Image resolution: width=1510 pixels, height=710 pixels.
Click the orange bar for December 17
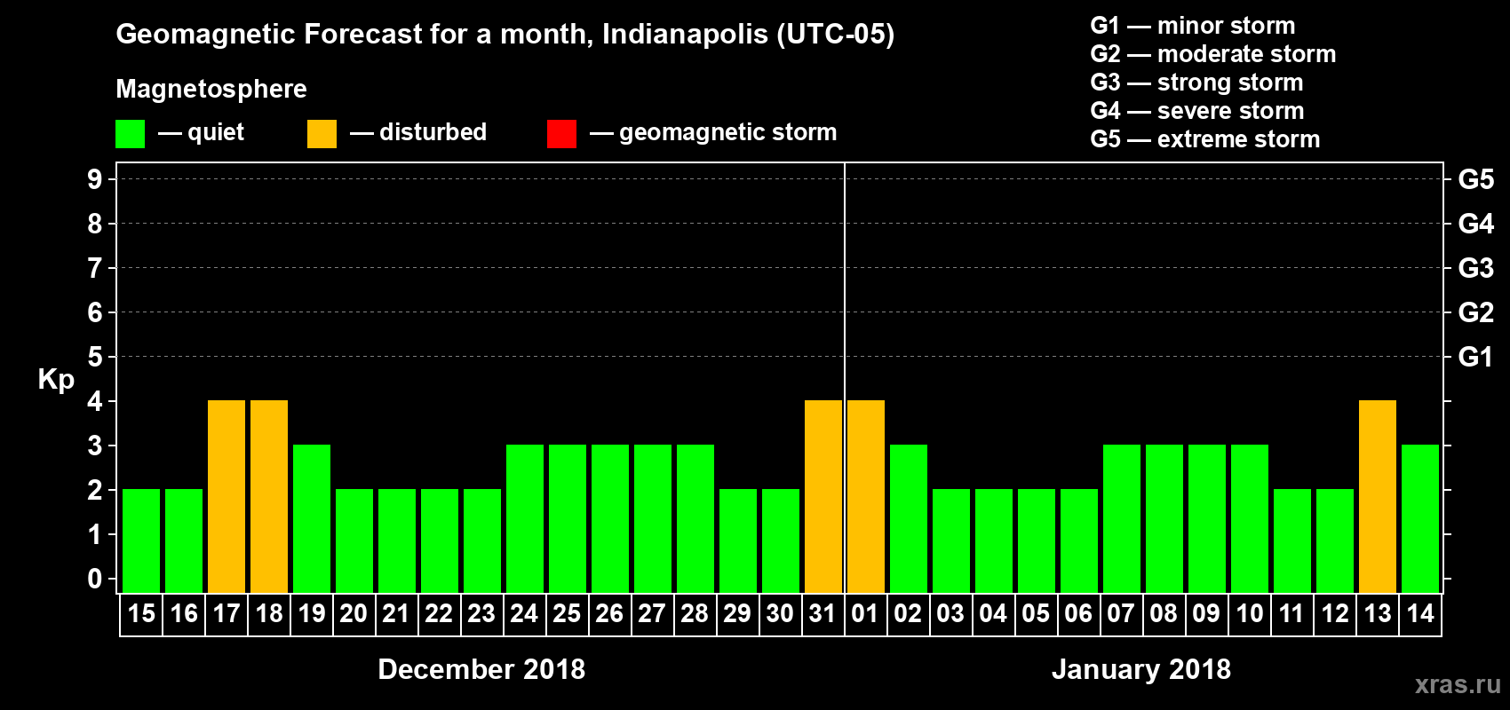pyautogui.click(x=226, y=497)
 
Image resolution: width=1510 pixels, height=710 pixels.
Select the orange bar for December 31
pyautogui.click(x=823, y=497)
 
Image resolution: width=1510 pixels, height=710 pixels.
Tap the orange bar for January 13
pyautogui.click(x=1378, y=497)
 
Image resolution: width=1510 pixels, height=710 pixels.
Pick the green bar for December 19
pyautogui.click(x=312, y=519)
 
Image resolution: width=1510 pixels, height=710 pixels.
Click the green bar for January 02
pyautogui.click(x=909, y=519)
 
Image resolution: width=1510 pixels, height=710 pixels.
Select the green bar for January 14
pyautogui.click(x=1420, y=519)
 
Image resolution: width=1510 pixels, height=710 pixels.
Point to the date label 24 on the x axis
pyautogui.click(x=524, y=613)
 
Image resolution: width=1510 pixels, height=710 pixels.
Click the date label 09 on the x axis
pyautogui.click(x=1206, y=613)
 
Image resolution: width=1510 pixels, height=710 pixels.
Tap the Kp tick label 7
pyautogui.click(x=95, y=268)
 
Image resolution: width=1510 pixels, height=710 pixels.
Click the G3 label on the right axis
pyautogui.click(x=1475, y=268)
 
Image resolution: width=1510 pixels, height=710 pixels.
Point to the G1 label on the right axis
pyautogui.click(x=1475, y=357)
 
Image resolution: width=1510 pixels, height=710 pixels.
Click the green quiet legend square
pyautogui.click(x=131, y=134)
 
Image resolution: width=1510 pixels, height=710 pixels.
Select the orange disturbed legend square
pyautogui.click(x=322, y=134)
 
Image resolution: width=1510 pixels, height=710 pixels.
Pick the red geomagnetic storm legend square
pyautogui.click(x=561, y=134)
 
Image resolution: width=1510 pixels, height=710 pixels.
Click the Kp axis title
pyautogui.click(x=56, y=379)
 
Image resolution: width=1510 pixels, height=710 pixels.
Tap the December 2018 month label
pyautogui.click(x=481, y=669)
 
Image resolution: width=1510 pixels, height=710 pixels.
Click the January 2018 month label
pyautogui.click(x=1141, y=669)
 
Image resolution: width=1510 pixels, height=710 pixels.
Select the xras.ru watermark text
pyautogui.click(x=1458, y=684)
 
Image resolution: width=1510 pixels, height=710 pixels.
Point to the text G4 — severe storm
pyautogui.click(x=1196, y=111)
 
